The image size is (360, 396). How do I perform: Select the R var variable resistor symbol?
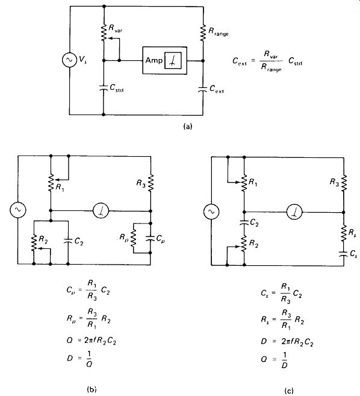click(x=104, y=33)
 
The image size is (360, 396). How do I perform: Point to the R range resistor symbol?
click(x=203, y=33)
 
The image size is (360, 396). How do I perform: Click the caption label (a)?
click(x=188, y=127)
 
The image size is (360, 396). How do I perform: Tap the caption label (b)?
click(x=92, y=389)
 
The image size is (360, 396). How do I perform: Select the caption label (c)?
click(x=289, y=391)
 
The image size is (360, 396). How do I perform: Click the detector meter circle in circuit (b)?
click(x=101, y=210)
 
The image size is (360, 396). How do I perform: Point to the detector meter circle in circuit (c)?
click(x=294, y=212)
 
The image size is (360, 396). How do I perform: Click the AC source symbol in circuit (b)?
click(x=17, y=210)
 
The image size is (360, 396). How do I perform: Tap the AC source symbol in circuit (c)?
click(x=211, y=212)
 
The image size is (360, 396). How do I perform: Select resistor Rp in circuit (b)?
click(x=133, y=238)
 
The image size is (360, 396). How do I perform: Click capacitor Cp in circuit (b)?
click(x=151, y=238)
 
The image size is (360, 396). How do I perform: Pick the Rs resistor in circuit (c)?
click(x=344, y=233)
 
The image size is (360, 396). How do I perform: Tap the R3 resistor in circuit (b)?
click(x=151, y=183)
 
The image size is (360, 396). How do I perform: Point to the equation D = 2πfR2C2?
click(x=287, y=342)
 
